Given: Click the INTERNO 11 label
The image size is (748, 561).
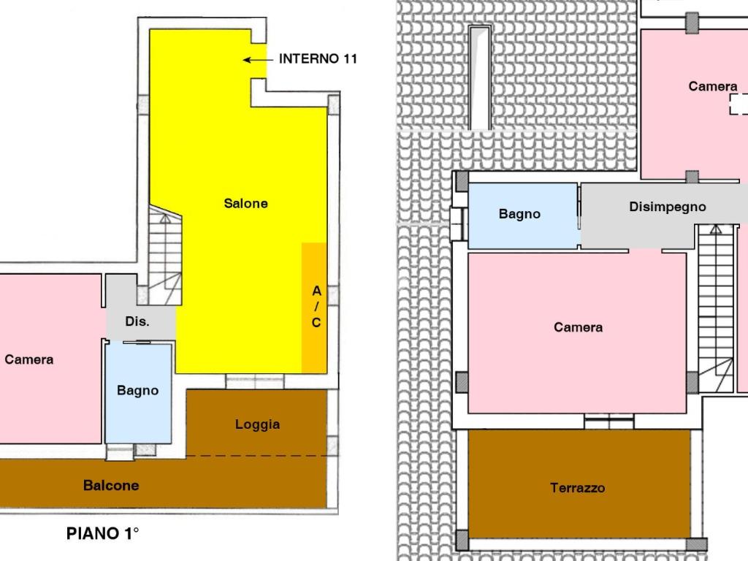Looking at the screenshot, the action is click(318, 58).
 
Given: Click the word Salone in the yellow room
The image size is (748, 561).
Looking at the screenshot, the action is click(245, 203).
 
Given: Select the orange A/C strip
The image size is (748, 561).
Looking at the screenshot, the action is click(314, 308).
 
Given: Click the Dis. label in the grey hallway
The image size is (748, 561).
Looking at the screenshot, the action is click(137, 321).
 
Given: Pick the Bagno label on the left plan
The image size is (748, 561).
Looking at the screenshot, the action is click(137, 390).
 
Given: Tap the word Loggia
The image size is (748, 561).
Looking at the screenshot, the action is click(257, 424).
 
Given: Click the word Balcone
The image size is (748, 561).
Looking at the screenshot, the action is click(111, 485).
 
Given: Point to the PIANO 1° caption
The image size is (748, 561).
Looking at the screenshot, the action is click(102, 533).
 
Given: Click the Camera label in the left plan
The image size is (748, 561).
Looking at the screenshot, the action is click(28, 359).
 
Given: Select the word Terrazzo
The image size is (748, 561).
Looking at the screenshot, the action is click(577, 487).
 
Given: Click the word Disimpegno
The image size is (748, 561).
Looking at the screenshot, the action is click(668, 207).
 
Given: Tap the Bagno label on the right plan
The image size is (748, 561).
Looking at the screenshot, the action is click(519, 213).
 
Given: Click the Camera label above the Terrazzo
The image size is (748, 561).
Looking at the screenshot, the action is click(579, 327).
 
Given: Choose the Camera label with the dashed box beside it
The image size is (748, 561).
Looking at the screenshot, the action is click(713, 86).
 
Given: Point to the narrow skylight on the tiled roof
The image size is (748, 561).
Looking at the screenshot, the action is click(479, 77).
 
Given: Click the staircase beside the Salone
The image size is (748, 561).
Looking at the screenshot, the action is click(165, 256).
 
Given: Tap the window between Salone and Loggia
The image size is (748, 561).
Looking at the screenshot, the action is click(255, 381).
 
